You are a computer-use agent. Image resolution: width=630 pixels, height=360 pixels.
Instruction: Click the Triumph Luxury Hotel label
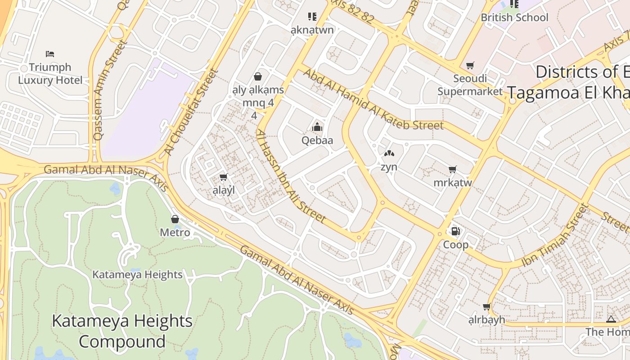[50, 74]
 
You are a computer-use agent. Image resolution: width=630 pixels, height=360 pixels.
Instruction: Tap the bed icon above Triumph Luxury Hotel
[50, 54]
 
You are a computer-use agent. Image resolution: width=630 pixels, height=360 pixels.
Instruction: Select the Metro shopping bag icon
[175, 219]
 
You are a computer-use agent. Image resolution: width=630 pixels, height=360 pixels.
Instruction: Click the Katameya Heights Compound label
[122, 331]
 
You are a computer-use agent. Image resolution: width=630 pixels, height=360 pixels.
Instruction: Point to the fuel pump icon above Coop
[455, 231]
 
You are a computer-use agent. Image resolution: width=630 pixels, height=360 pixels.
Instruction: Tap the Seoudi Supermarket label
[470, 85]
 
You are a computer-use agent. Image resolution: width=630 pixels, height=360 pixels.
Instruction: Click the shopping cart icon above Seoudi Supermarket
[470, 66]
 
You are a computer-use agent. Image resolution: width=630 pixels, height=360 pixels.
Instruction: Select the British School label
[514, 18]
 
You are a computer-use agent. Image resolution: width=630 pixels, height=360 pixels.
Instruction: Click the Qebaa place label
[317, 140]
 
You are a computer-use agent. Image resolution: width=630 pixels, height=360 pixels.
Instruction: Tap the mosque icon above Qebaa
[317, 127]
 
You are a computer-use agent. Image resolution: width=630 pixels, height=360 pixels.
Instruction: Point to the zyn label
[389, 167]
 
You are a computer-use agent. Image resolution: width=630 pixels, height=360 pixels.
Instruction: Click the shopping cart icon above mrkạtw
[453, 170]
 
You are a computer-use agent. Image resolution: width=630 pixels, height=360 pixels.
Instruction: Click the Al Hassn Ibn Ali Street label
[291, 176]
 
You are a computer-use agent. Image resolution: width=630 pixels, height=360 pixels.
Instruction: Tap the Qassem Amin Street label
[109, 90]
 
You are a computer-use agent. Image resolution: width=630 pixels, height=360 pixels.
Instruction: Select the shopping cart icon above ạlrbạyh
[486, 307]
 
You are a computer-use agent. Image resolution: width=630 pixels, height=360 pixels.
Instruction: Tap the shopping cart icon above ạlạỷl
[223, 177]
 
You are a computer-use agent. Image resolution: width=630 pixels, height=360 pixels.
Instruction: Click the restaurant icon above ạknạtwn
[312, 17]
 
